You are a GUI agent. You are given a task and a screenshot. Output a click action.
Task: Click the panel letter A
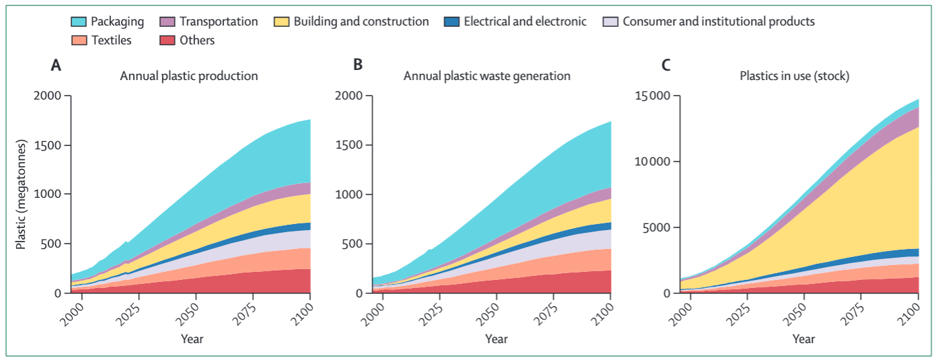click(57, 65)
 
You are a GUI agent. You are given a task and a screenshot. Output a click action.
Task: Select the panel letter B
click(358, 65)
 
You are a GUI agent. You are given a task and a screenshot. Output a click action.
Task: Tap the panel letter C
click(666, 65)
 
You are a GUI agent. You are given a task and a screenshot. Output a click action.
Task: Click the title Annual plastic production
click(188, 76)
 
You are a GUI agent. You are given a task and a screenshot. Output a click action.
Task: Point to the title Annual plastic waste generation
click(486, 76)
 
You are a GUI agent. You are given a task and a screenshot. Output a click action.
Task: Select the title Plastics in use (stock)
click(794, 76)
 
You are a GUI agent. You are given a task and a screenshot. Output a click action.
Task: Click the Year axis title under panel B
click(497, 339)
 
